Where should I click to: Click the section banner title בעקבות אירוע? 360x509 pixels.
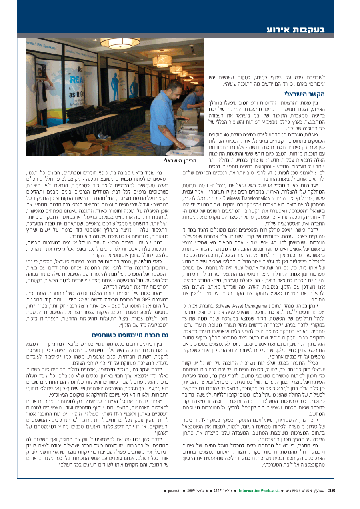pos(296,30)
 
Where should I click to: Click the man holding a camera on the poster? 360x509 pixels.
pos(40,88)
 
